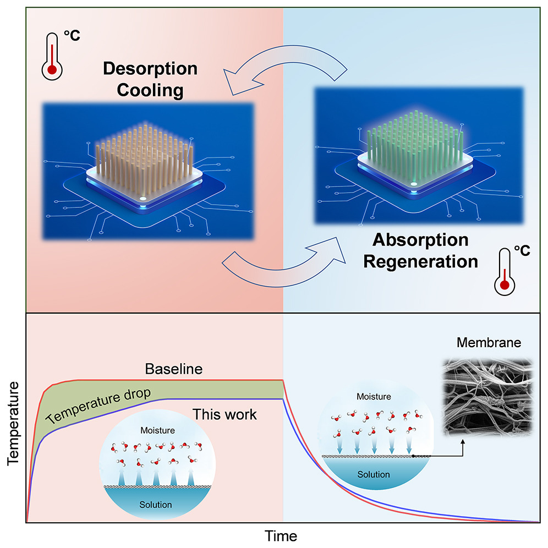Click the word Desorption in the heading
(x=151, y=69)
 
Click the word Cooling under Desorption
(x=151, y=90)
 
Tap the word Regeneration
(x=421, y=261)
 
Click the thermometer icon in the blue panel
(x=507, y=270)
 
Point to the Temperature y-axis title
(x=12, y=425)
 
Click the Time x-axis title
(x=281, y=535)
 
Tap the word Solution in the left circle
(x=155, y=504)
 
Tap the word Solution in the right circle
(x=374, y=474)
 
